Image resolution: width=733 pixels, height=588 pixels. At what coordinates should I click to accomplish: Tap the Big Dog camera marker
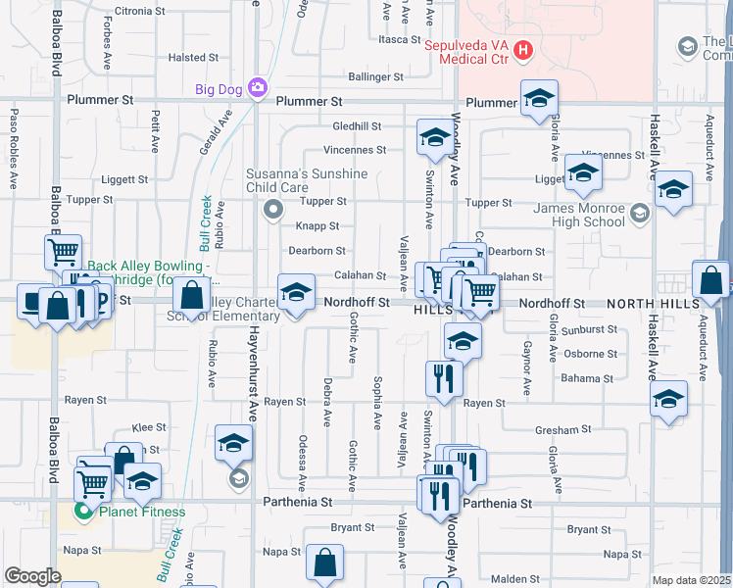pos(258,88)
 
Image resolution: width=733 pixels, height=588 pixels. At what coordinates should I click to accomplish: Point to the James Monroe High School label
pos(578,215)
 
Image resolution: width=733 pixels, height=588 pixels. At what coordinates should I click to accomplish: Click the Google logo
pos(33,576)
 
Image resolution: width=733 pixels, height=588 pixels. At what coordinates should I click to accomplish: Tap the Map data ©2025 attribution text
pos(691,580)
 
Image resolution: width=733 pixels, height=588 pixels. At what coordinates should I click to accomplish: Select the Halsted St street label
pos(186,58)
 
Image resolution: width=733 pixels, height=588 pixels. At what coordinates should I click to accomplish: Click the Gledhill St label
pos(356,126)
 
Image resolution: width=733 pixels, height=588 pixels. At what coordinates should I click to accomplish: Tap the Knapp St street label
pos(317,226)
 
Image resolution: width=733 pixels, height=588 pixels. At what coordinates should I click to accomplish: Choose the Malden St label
pos(515,579)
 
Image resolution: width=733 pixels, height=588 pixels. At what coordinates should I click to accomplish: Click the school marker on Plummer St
pos(538,99)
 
